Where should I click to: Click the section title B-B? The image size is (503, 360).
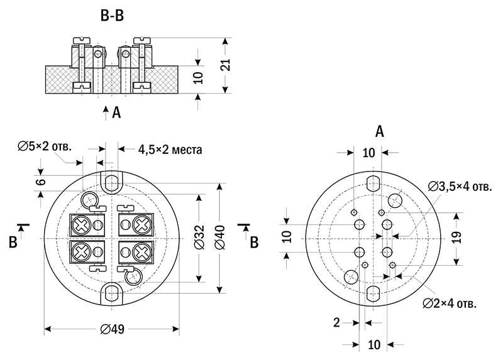coord(113,17)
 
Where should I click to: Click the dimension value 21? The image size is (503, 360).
coord(227,65)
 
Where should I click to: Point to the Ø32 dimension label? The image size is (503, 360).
coord(199,238)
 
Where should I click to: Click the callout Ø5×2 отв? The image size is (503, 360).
coord(45,146)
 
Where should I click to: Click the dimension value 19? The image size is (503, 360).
coord(457,237)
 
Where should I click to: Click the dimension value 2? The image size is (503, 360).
coord(337,322)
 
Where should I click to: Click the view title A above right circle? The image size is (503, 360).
coord(379,131)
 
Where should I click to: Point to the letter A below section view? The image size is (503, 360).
coord(116,113)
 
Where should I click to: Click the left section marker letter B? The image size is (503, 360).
coord(12,241)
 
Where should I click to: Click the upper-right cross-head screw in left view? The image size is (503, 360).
coord(141,223)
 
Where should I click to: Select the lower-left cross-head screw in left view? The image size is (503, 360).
coord(81,252)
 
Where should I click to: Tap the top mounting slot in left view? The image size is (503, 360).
coord(113,183)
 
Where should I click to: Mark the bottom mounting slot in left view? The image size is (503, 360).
coord(113,293)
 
